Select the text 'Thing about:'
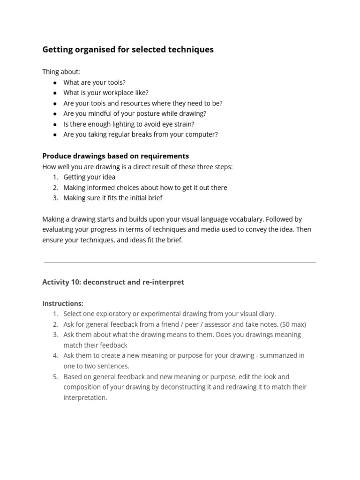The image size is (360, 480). tap(61, 72)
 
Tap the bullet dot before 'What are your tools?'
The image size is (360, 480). tap(55, 82)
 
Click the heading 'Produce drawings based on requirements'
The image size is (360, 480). tap(115, 156)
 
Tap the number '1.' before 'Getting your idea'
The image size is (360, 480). tap(55, 177)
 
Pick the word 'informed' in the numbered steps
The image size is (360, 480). tap(102, 187)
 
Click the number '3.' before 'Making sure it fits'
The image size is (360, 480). tap(55, 198)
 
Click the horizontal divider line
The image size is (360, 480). tap(180, 262)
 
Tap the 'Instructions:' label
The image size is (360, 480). tap(63, 303)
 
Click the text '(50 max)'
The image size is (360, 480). tap(293, 324)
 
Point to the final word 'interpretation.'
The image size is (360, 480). tap(85, 397)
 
